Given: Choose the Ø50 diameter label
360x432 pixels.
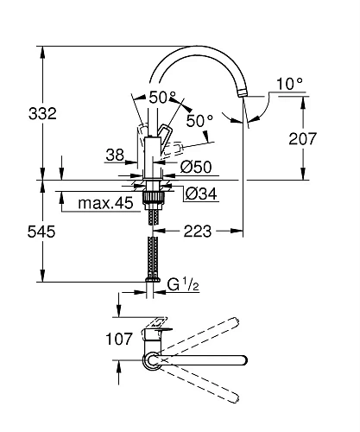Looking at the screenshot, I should click(198, 166).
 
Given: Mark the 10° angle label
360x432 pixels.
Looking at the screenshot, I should click(289, 84).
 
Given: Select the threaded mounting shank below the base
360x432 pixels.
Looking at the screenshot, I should click(155, 203).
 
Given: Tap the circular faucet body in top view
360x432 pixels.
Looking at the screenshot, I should click(153, 359).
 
